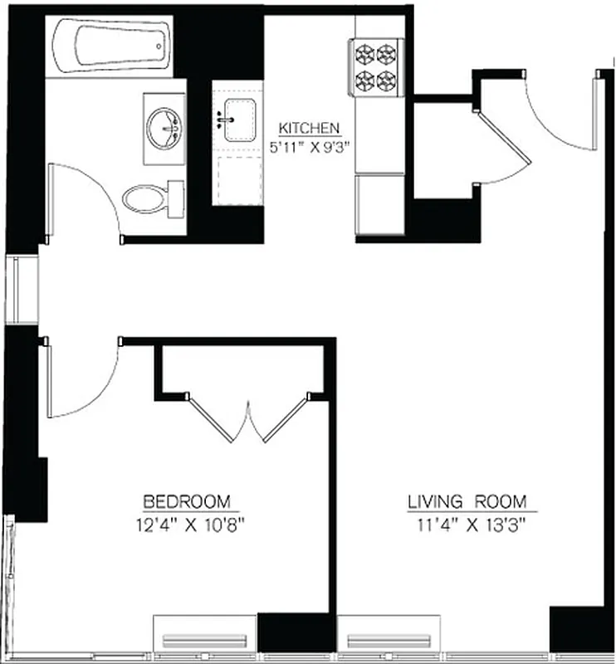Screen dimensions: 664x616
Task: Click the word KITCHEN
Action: click(x=308, y=129)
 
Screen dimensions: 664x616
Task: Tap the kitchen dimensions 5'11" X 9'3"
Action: click(x=309, y=147)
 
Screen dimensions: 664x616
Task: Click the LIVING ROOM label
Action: click(x=467, y=501)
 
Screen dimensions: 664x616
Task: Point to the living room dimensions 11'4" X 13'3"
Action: click(x=467, y=524)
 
